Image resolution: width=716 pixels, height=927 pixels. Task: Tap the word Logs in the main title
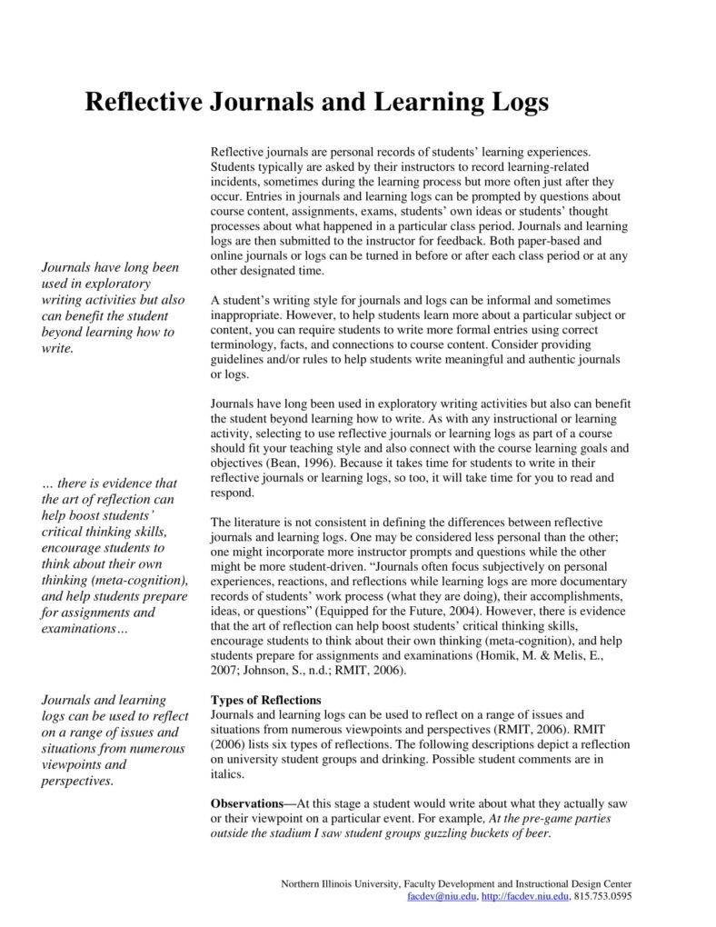click(519, 102)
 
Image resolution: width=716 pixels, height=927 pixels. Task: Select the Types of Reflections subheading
click(265, 700)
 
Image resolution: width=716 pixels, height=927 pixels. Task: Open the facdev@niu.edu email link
click(442, 896)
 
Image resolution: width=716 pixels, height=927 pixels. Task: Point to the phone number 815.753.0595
click(603, 896)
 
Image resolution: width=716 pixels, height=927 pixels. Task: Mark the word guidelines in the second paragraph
click(238, 360)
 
